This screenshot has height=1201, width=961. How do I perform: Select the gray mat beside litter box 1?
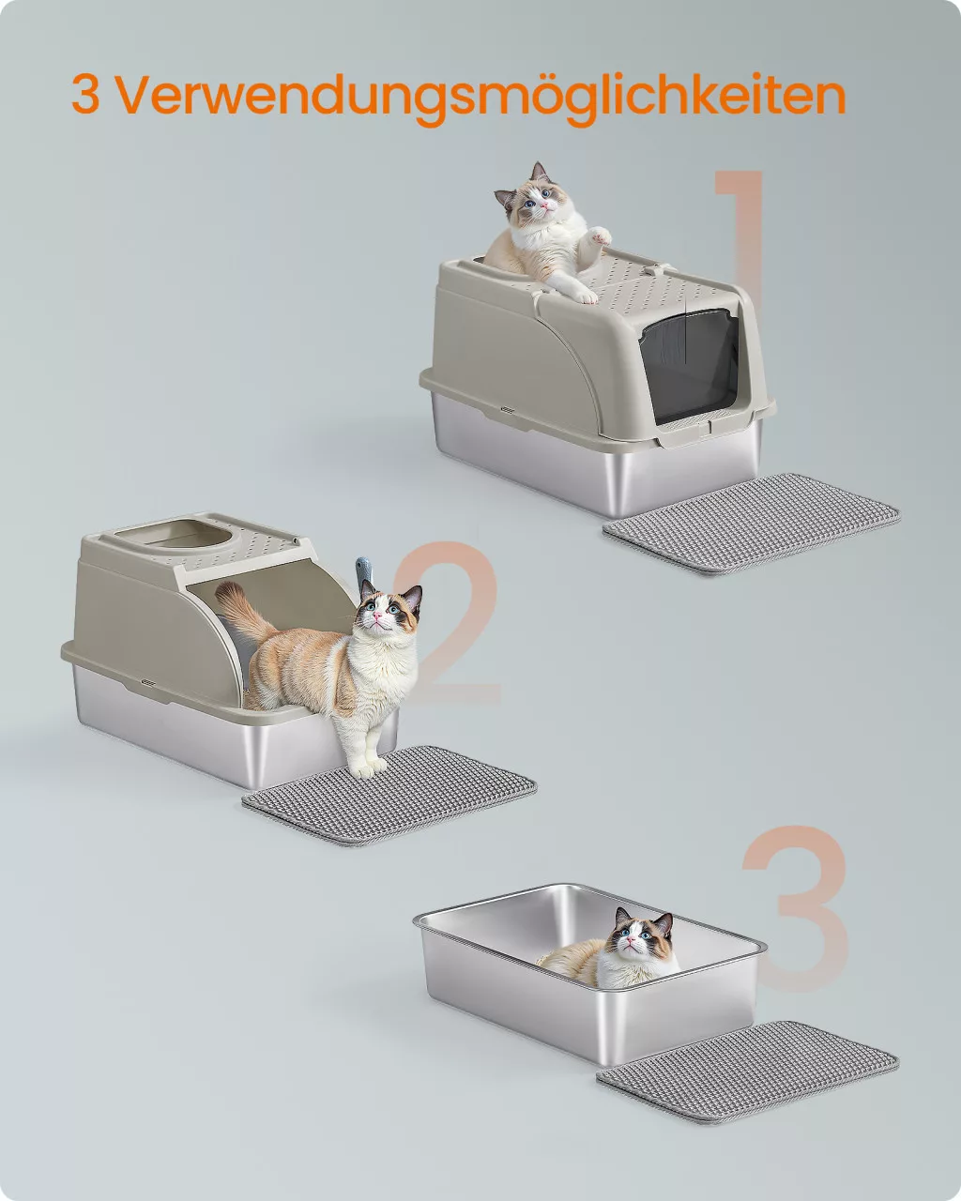coord(752,523)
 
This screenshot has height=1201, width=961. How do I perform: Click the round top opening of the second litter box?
coord(175,534)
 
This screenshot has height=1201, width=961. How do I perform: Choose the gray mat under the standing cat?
coord(389,795)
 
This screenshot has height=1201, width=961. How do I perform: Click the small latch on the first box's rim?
coord(507,410)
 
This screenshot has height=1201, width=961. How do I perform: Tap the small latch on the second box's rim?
coord(148,682)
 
